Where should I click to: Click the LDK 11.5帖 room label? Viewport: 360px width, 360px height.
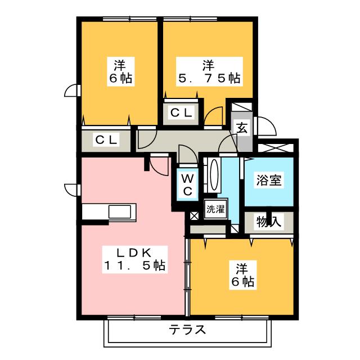(x=134, y=259)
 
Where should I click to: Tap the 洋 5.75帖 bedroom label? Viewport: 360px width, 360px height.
(x=208, y=72)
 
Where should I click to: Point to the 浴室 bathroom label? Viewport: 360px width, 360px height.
(x=269, y=180)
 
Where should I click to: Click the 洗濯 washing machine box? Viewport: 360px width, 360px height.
(x=214, y=210)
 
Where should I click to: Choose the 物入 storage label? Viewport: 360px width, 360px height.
(x=269, y=221)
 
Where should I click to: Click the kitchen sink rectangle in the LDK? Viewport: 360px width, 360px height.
(x=120, y=213)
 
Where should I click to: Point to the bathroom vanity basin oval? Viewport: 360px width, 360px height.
(x=213, y=174)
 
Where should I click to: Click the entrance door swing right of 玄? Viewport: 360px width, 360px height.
(x=264, y=128)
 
